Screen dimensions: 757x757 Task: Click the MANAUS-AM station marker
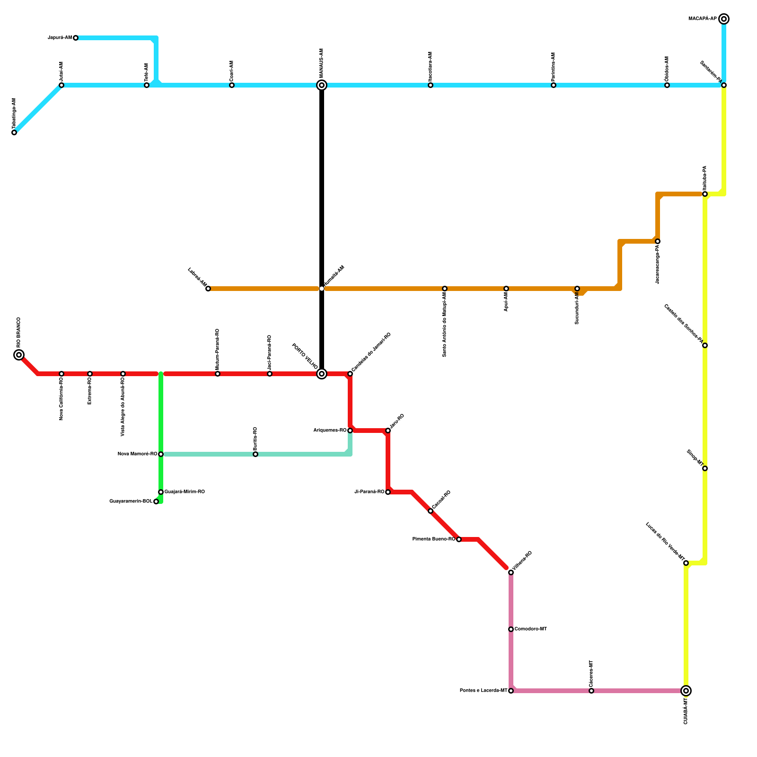[x=322, y=85]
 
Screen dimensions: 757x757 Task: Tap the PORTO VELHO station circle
[x=322, y=374]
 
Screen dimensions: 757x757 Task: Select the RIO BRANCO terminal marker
[x=19, y=355]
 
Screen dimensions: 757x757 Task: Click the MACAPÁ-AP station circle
[x=724, y=19]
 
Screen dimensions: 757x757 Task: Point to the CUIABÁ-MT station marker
[x=686, y=691]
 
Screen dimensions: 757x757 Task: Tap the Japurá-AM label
[x=60, y=38]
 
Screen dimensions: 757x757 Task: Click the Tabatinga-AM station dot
[x=14, y=132]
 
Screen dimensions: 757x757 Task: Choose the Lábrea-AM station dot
[x=208, y=289]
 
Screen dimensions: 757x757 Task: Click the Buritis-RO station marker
[x=255, y=454]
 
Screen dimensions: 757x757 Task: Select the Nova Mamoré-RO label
[x=137, y=454]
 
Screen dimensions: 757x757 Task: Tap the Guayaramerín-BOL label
[x=131, y=502]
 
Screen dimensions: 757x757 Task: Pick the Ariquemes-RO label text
[x=330, y=431]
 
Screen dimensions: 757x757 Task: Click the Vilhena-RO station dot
[x=511, y=572]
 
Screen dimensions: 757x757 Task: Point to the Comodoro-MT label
[x=531, y=629]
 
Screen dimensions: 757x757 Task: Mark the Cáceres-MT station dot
[x=591, y=691]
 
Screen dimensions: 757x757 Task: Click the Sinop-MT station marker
[x=705, y=468]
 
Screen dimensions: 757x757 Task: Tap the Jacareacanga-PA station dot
[x=658, y=241]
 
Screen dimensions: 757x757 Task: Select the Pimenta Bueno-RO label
[x=434, y=539]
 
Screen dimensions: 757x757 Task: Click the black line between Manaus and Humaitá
[x=322, y=189]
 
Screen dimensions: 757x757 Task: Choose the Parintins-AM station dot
[x=554, y=85]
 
